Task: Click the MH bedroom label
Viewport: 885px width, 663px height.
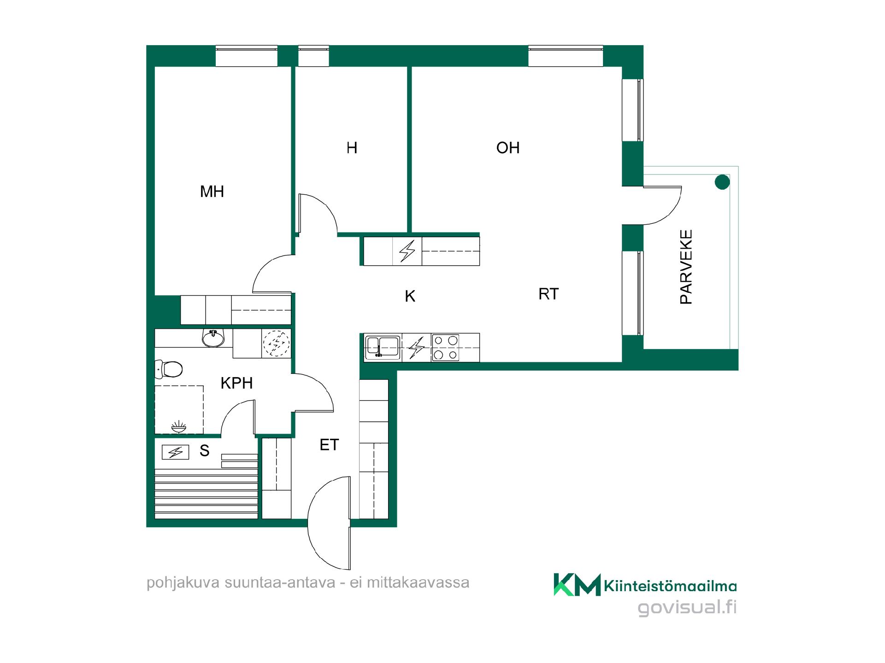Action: point(212,192)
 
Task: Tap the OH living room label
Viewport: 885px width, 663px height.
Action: point(508,148)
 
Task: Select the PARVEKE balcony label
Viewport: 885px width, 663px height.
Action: point(686,267)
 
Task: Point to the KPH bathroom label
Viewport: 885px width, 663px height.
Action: point(236,383)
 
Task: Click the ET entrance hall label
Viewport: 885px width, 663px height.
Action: point(329,445)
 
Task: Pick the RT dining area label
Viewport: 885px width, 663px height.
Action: point(549,294)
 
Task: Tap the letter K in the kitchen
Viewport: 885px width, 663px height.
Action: point(410,296)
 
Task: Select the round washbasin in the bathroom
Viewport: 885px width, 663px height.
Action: point(213,338)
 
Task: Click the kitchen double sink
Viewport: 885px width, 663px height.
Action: point(383,347)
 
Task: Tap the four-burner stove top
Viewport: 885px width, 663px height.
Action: point(446,348)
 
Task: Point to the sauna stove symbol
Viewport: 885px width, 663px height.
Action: point(176,452)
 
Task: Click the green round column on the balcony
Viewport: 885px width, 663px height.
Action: point(722,182)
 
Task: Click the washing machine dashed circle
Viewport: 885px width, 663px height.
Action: point(276,343)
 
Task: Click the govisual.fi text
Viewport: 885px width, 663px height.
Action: point(687,608)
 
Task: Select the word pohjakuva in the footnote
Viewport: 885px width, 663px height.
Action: point(183,583)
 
